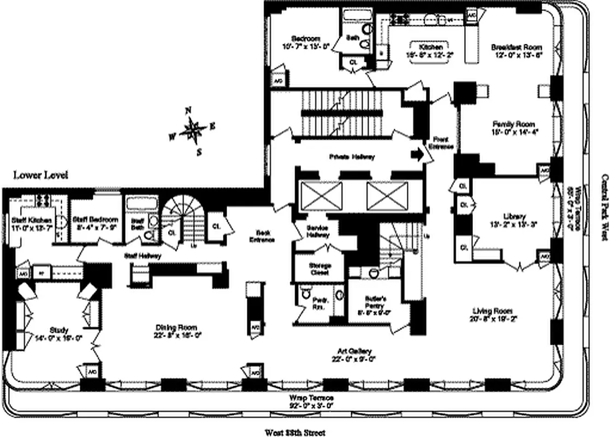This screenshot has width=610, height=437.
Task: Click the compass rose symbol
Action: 192,129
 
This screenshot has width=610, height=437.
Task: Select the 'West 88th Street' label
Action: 295,433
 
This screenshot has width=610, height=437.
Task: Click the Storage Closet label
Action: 320,269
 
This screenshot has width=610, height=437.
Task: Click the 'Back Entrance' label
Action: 262,235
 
